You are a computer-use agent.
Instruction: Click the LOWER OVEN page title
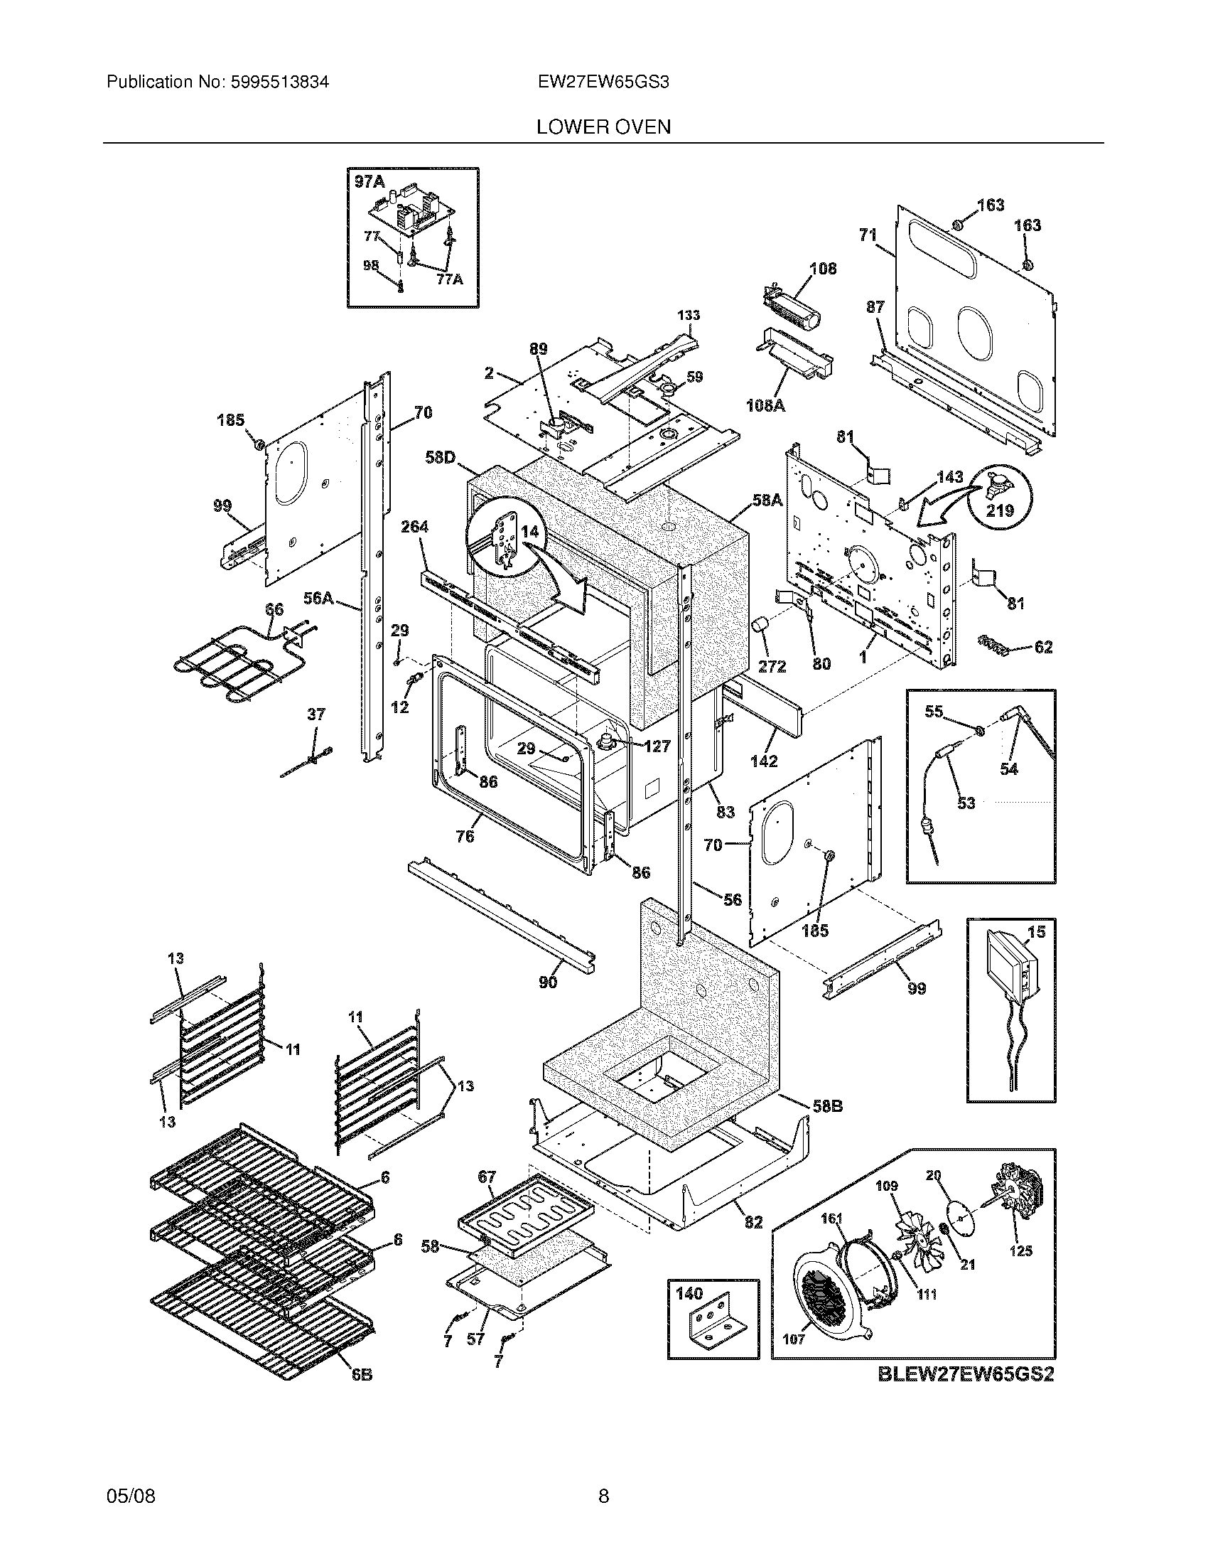603,127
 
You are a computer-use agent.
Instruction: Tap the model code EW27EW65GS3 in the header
603,82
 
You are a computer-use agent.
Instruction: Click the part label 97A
370,182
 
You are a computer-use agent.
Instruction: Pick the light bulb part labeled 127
608,740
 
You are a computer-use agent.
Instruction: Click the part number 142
764,761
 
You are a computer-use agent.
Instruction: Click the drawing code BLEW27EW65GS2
966,1374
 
